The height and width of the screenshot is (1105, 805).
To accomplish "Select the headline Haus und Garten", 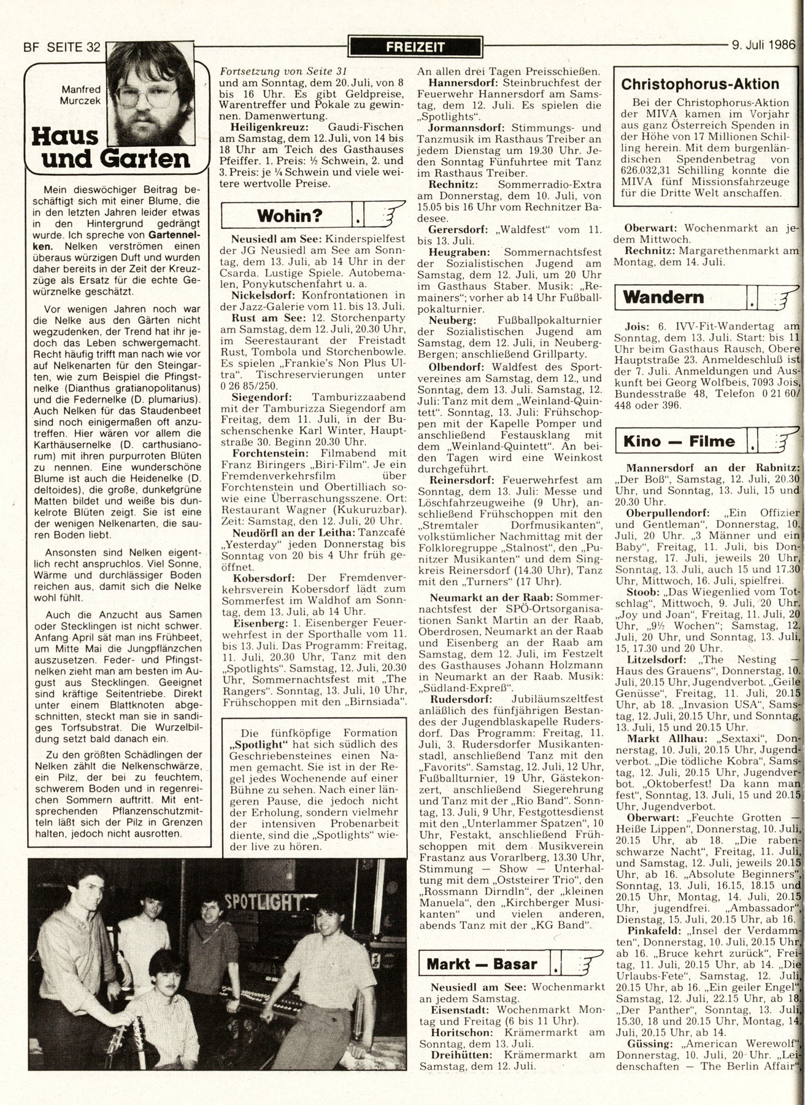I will (x=107, y=147).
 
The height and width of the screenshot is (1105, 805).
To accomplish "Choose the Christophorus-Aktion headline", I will (x=699, y=84).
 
